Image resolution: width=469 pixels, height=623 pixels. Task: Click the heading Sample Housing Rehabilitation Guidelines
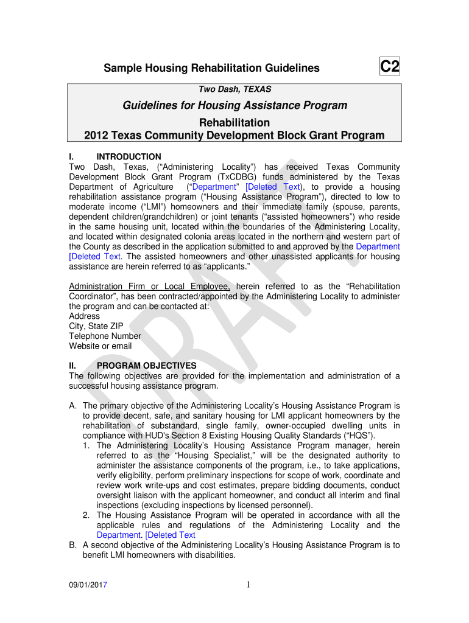211,68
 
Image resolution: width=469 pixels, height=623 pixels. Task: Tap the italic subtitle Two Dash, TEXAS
235,89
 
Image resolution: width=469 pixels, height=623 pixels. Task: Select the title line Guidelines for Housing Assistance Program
235,105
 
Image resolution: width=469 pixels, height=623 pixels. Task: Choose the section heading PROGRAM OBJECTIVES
147,366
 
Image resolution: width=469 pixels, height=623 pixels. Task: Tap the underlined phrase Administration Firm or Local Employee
150,287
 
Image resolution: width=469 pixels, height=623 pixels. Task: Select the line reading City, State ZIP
96,326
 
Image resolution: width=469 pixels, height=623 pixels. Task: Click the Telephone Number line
105,336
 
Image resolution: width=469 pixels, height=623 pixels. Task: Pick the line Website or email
100,346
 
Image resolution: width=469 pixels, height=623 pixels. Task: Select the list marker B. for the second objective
73,545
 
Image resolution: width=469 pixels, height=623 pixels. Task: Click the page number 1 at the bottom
249,585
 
